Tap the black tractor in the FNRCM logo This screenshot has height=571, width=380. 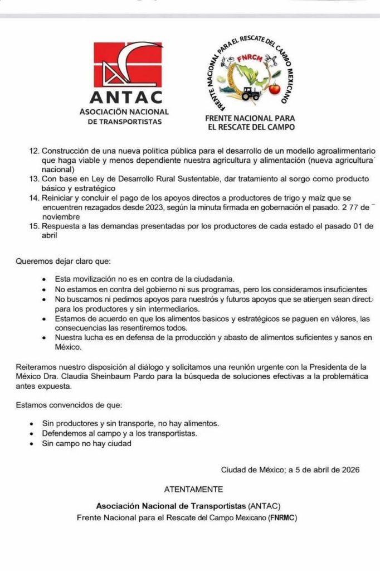point(251,94)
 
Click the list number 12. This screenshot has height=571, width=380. point(34,152)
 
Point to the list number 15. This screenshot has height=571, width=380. point(34,226)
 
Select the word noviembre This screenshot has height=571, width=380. point(62,216)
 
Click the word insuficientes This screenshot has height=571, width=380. point(343,289)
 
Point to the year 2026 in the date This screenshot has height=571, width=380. point(350,470)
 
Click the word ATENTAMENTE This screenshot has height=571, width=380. point(193,490)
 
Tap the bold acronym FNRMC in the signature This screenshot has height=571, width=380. point(282,517)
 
